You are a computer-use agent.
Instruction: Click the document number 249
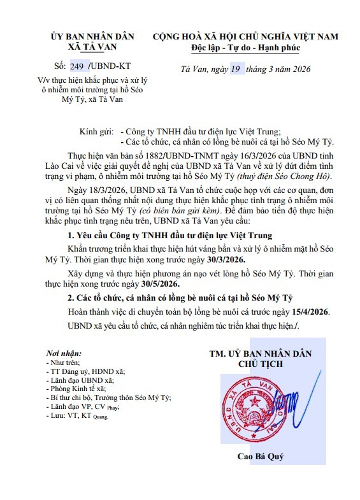tap(76, 65)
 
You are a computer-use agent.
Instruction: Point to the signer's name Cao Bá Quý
tap(261, 457)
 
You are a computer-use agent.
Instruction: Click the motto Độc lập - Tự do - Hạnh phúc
tap(245, 48)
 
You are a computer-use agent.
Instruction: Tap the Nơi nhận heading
tap(64, 353)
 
